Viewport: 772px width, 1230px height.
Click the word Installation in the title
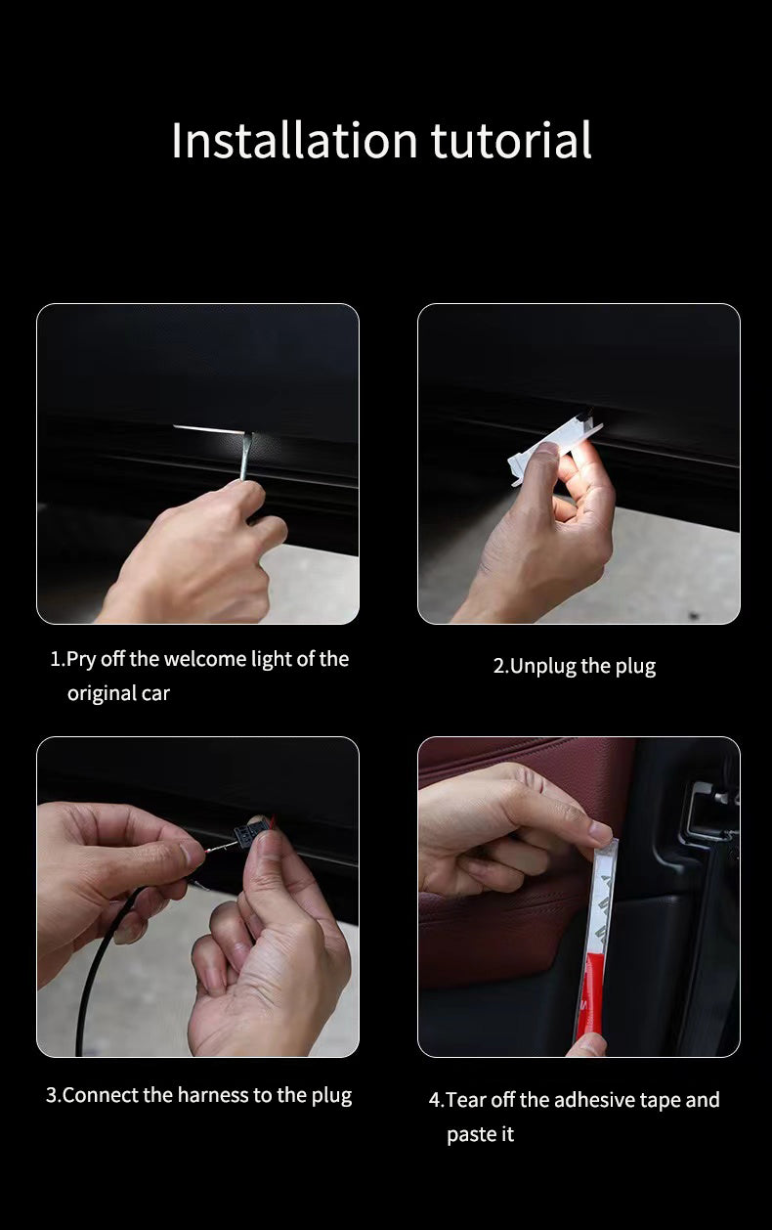tap(295, 140)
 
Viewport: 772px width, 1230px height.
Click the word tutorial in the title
tap(511, 140)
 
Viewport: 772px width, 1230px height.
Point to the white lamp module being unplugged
tap(554, 452)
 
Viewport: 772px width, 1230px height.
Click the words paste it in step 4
tap(480, 1134)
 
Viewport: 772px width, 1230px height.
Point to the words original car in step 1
tap(118, 693)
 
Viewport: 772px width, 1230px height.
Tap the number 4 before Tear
tap(435, 1100)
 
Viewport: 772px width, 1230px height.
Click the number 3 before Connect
tap(51, 1095)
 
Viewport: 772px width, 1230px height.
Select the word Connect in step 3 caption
tap(101, 1095)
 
